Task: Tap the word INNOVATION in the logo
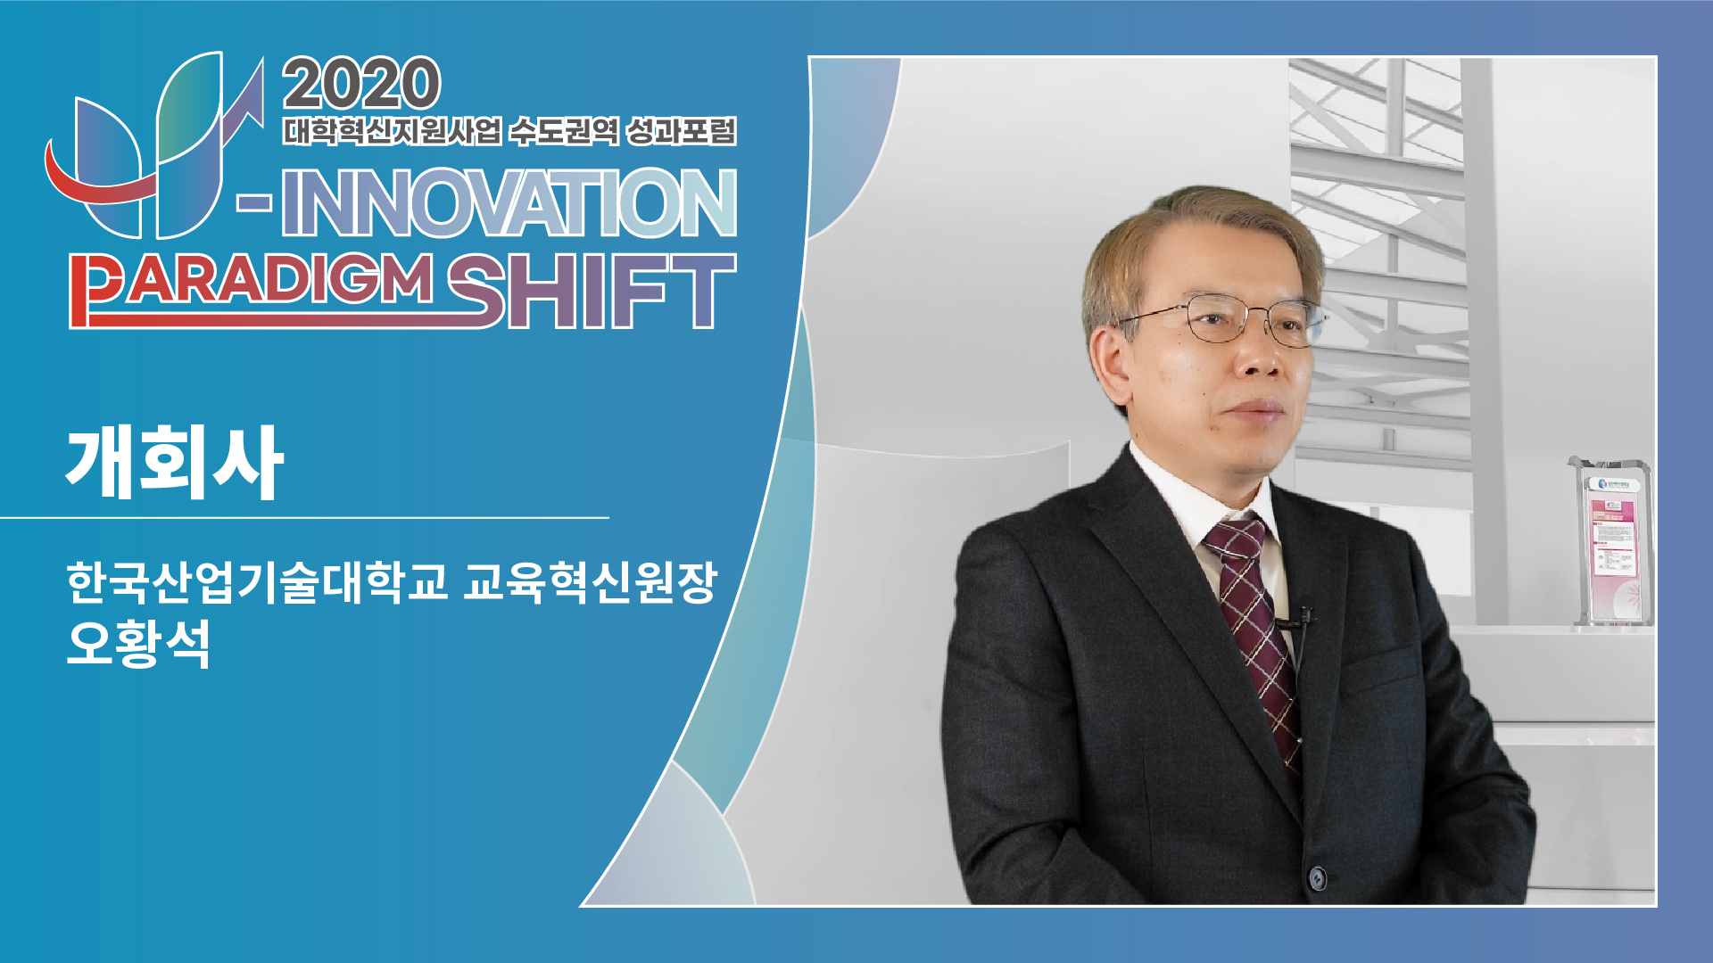click(x=509, y=203)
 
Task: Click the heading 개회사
click(x=175, y=462)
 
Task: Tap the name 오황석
click(x=138, y=642)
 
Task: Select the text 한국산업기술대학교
click(x=257, y=582)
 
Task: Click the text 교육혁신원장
click(x=590, y=582)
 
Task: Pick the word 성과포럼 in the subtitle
click(x=681, y=131)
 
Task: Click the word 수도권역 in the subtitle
click(x=563, y=131)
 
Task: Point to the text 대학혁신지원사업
click(x=393, y=131)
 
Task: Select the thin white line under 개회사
click(x=304, y=517)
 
